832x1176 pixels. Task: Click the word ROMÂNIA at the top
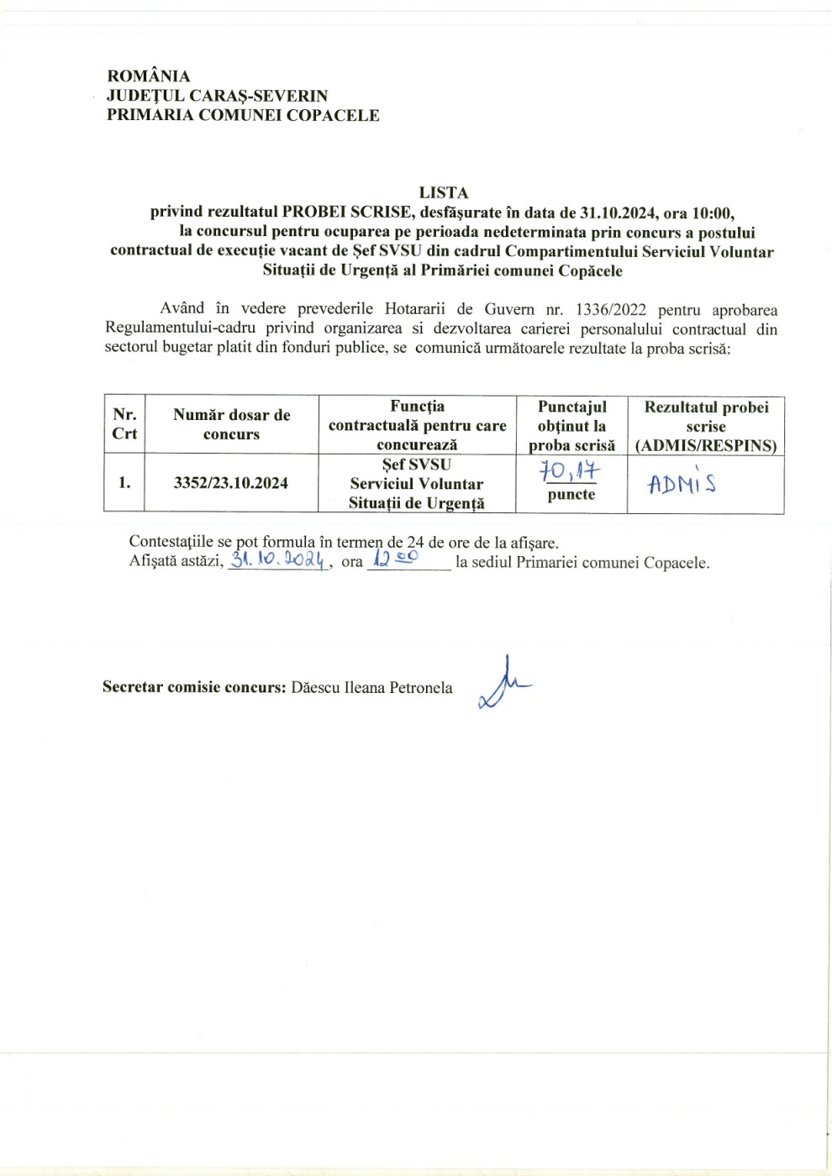click(149, 76)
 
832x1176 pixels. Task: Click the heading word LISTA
click(444, 192)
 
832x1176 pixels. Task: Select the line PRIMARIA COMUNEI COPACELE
click(243, 115)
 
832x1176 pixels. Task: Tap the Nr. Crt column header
click(124, 424)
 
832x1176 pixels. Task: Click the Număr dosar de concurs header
click(232, 424)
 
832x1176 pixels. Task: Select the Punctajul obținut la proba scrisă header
click(571, 426)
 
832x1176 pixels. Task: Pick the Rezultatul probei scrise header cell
click(706, 426)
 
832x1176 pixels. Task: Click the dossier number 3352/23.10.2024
click(231, 483)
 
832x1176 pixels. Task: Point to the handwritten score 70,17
click(570, 471)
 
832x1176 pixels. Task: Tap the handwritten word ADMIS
click(682, 483)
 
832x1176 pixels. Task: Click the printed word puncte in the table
click(571, 495)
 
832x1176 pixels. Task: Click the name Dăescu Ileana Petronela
click(371, 688)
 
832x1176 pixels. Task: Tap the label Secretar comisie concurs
click(194, 688)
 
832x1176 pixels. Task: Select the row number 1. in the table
click(124, 483)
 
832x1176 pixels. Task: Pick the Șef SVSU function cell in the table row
click(417, 484)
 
